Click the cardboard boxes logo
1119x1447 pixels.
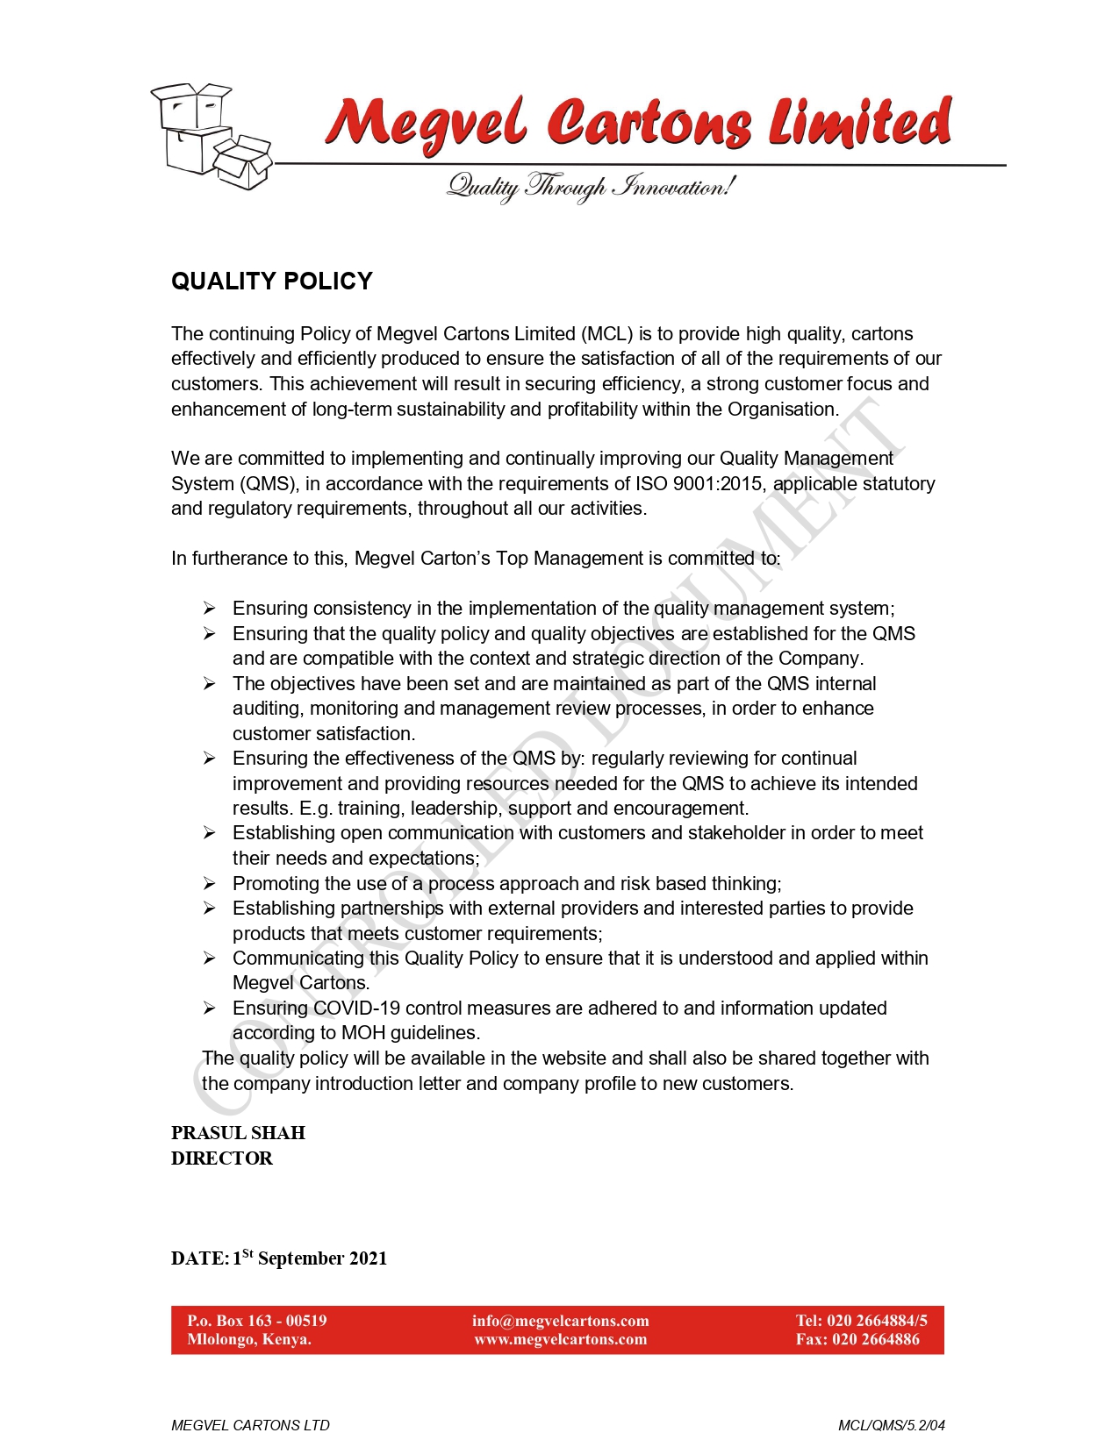212,136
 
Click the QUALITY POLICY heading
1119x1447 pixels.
272,282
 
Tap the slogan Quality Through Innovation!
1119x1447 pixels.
591,187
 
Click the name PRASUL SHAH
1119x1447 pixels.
238,1133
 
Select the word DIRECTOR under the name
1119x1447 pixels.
222,1158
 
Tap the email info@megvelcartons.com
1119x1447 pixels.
561,1321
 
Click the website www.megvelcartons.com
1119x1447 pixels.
561,1340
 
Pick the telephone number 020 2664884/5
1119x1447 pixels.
877,1321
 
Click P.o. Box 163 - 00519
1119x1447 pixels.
257,1321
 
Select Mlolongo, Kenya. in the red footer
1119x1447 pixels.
249,1340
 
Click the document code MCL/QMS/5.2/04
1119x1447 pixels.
892,1425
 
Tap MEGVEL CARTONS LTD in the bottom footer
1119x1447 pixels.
250,1425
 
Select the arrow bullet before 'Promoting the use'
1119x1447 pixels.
210,884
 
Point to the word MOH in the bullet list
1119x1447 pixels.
363,1033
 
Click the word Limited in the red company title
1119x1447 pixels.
860,123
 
